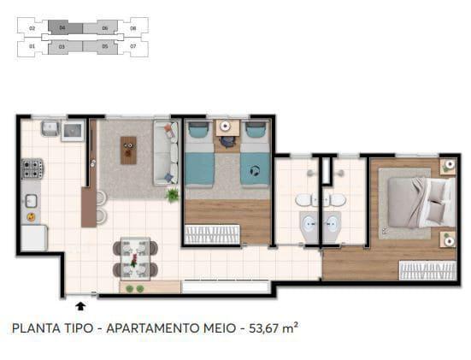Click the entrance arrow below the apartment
[80, 304]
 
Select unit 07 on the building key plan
[132, 45]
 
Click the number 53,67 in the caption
[261, 328]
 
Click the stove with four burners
[32, 168]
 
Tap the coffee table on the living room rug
[128, 150]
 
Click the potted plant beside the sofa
[173, 195]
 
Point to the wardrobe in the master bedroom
[427, 270]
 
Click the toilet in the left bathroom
[309, 225]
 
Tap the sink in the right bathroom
[337, 200]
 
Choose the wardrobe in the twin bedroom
[212, 233]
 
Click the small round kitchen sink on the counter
[31, 202]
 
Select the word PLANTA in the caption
[33, 328]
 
